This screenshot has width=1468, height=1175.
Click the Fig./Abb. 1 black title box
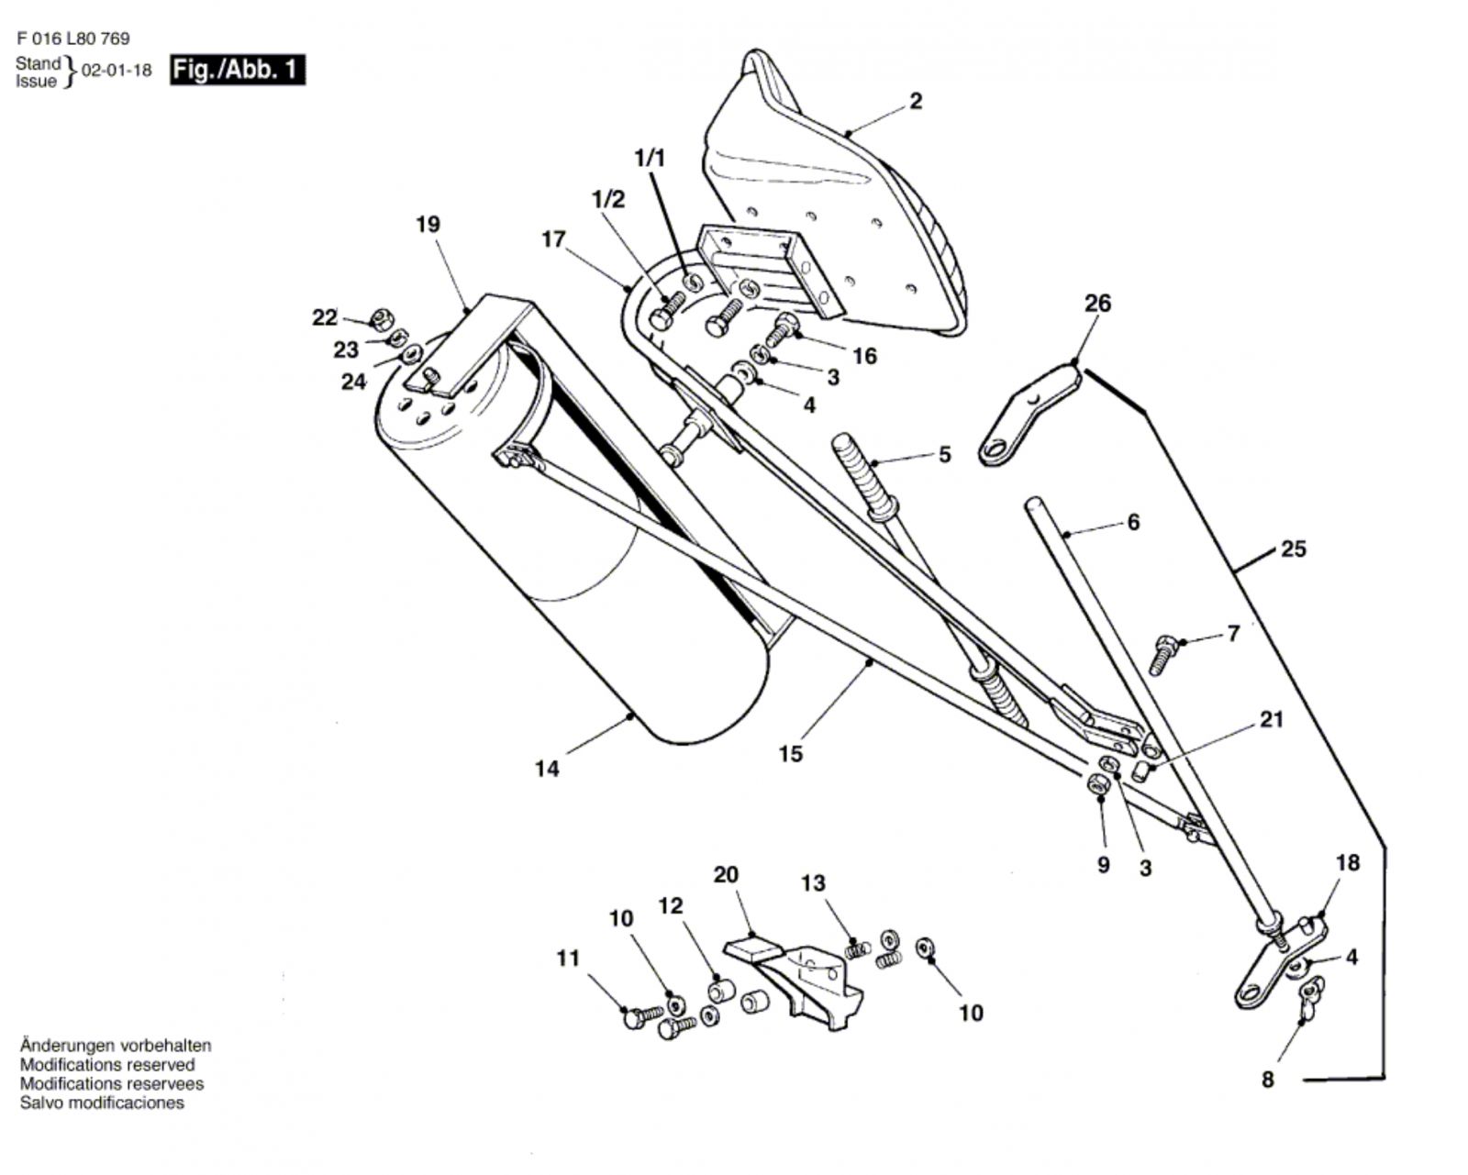click(238, 70)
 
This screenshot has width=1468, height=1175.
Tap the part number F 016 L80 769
click(73, 39)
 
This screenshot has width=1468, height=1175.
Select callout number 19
click(428, 224)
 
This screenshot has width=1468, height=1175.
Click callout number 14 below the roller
click(547, 769)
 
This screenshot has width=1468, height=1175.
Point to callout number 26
click(1097, 303)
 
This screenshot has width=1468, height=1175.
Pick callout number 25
click(1294, 549)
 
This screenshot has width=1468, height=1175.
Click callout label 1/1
click(650, 158)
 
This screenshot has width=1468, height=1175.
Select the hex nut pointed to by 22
click(380, 319)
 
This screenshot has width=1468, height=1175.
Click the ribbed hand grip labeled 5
click(862, 476)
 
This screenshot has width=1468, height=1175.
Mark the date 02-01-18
click(117, 71)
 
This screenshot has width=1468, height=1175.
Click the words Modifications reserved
click(107, 1065)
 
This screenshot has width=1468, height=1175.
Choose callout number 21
click(1271, 719)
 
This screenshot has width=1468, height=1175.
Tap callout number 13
click(813, 883)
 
